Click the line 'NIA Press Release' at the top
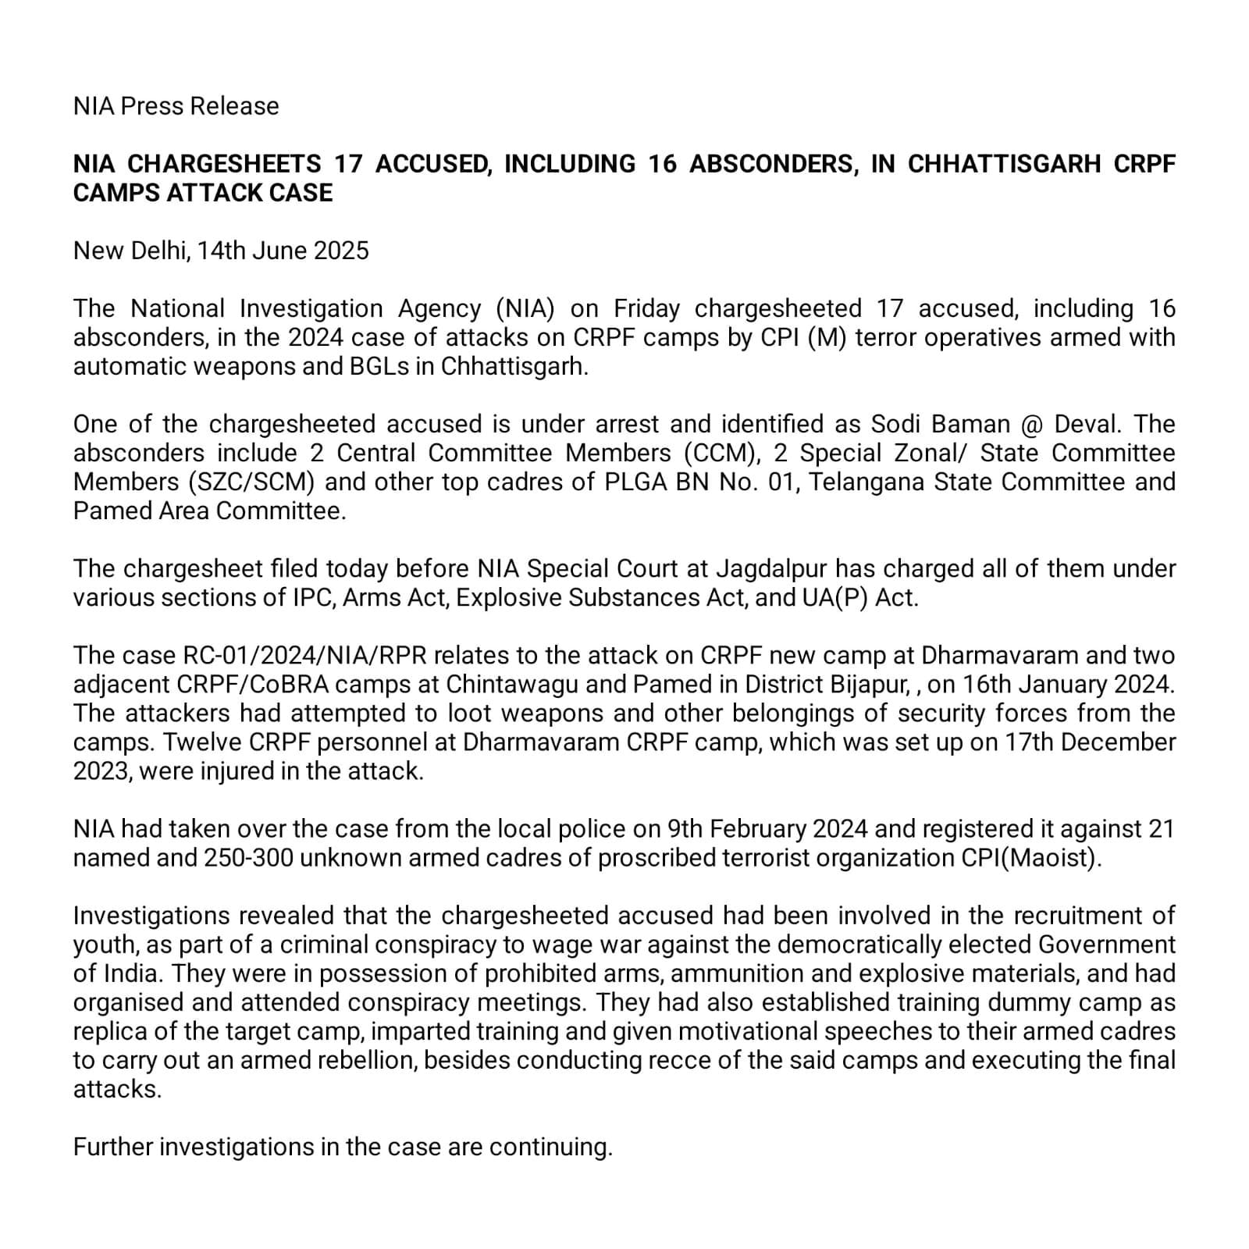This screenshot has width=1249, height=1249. [x=176, y=106]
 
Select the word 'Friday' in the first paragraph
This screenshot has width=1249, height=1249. [x=646, y=308]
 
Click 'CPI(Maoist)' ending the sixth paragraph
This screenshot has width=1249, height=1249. [x=1030, y=857]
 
